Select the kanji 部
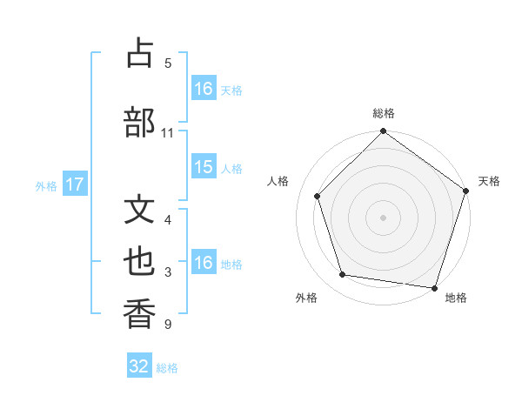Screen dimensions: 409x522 coord(140,123)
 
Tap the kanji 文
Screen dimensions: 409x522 coord(140,210)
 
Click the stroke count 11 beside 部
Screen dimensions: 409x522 coord(168,133)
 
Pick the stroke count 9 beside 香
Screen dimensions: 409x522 coord(168,325)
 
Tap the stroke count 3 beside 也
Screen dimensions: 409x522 coord(168,272)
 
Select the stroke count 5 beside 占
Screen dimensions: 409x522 coord(168,64)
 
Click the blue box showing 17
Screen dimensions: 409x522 coord(74,184)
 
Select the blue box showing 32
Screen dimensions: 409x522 coord(139,366)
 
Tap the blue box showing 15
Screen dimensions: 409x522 coord(204,167)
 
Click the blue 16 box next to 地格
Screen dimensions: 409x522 coord(204,263)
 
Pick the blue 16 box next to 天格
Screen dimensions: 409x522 coord(204,89)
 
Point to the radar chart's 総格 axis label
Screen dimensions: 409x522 coord(383,113)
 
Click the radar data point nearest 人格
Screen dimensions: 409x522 coord(317,196)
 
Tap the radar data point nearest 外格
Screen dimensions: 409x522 coord(343,275)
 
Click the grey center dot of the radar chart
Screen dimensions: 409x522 coord(383,218)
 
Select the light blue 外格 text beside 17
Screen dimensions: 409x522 coord(46,185)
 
